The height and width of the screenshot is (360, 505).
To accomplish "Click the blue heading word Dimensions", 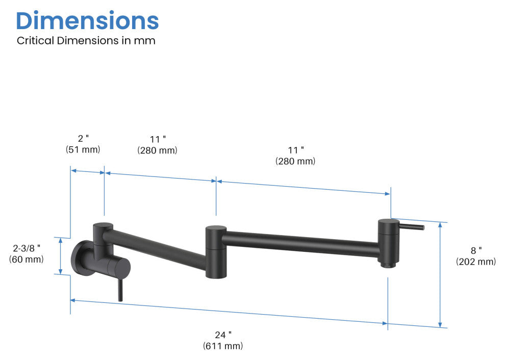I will coord(87,20).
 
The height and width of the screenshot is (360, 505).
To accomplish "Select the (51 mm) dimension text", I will coord(83,150).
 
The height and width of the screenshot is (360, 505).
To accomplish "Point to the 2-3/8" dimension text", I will coord(27,248).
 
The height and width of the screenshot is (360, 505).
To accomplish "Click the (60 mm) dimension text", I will coord(27,260).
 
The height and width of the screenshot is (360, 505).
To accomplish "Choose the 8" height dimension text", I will coord(476,250).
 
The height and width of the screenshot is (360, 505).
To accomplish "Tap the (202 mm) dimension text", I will coord(476,262).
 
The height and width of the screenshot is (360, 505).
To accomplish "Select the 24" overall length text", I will coord(223,335).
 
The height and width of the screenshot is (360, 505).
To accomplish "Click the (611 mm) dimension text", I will coord(223,346).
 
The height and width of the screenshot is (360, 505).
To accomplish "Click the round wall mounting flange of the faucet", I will coord(82,259).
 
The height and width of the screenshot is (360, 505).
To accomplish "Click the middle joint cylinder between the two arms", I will coord(216,251).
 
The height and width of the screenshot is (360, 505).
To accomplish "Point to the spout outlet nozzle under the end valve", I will coord(387,264).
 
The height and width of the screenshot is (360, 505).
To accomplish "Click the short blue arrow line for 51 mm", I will coord(87,171).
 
